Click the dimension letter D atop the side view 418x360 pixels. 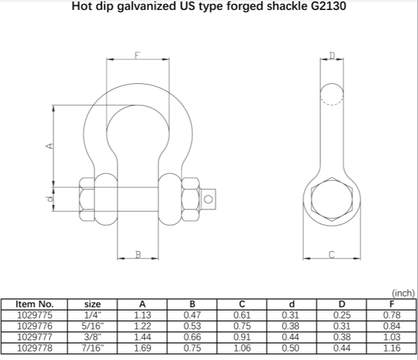pyautogui.click(x=331, y=55)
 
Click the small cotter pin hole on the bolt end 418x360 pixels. pyautogui.click(x=209, y=198)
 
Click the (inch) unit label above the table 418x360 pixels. pyautogui.click(x=403, y=293)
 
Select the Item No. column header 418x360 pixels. pyautogui.click(x=34, y=304)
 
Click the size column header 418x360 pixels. pyautogui.click(x=93, y=304)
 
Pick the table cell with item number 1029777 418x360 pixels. pyautogui.click(x=34, y=336)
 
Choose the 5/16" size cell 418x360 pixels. pyautogui.click(x=93, y=326)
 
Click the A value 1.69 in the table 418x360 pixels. pyautogui.click(x=143, y=347)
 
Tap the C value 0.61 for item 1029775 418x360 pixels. pyautogui.click(x=242, y=315)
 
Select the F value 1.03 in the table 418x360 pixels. pyautogui.click(x=392, y=336)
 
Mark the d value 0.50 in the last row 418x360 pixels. pyautogui.click(x=291, y=347)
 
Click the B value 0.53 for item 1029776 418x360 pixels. pyautogui.click(x=192, y=326)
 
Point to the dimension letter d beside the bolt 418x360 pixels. pyautogui.click(x=48, y=199)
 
